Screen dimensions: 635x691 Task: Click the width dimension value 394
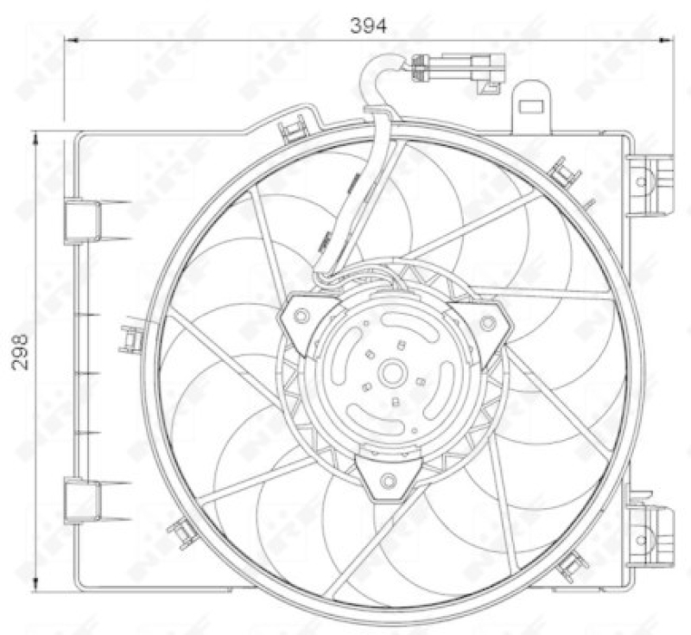[369, 25]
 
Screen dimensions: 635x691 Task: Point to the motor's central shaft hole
[393, 374]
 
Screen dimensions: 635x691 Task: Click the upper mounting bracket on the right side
[650, 182]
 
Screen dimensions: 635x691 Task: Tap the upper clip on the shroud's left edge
[84, 220]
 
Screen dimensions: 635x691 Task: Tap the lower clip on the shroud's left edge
[84, 501]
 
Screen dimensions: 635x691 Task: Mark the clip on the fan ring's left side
[130, 340]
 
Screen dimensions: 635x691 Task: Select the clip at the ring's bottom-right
[573, 566]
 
